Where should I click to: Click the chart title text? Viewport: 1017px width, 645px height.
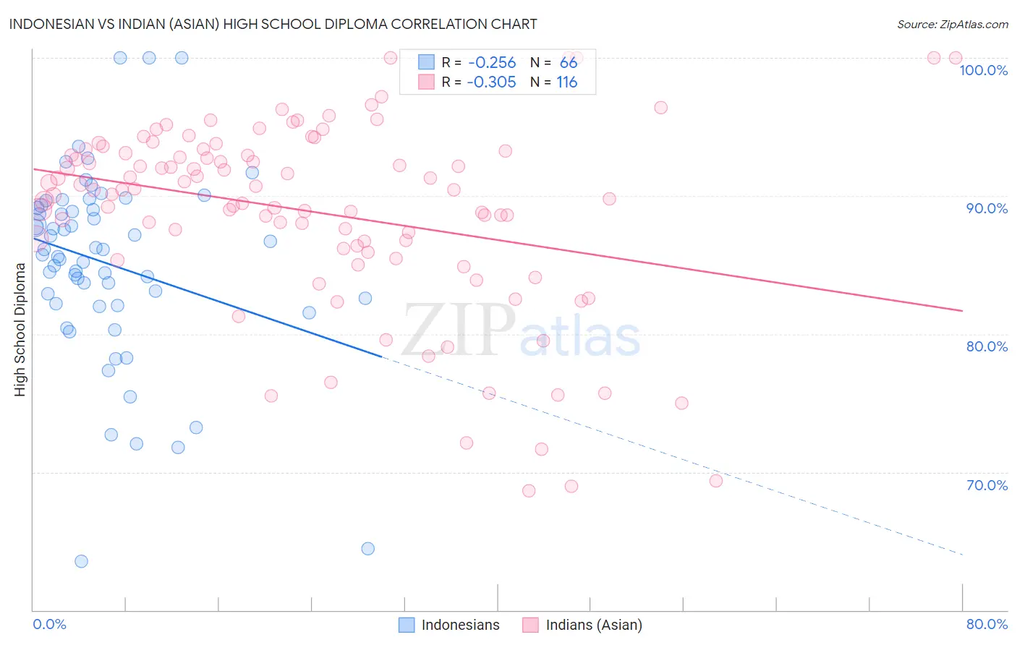coord(273,24)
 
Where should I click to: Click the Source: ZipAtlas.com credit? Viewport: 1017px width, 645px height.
coord(952,25)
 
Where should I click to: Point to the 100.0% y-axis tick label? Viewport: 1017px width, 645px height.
coord(983,70)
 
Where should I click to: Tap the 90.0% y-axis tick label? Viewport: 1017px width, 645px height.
coord(987,208)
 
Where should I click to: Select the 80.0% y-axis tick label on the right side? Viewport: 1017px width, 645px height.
coord(987,346)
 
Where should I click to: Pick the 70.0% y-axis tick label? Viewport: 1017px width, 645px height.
coord(987,485)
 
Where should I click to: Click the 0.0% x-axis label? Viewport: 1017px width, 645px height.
coord(50,624)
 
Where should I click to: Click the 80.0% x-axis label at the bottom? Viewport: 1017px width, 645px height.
coord(987,624)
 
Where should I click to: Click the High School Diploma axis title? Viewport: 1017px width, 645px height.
coord(20,330)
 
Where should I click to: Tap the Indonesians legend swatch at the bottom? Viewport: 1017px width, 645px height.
coord(407,625)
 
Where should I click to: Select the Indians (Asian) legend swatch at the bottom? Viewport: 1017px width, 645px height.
coord(531,625)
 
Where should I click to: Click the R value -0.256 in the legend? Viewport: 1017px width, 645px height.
coord(492,63)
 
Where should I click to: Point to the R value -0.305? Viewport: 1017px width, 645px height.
coord(492,82)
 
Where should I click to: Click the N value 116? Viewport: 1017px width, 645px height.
coord(567,82)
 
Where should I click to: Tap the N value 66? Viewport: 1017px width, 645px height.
coord(569,63)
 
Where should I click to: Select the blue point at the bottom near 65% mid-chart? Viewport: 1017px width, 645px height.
coord(367,548)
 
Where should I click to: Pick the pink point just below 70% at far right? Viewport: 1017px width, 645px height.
coord(716,481)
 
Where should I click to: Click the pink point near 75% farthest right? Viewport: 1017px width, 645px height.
coord(681,403)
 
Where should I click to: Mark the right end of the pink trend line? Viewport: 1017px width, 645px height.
coord(962,310)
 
